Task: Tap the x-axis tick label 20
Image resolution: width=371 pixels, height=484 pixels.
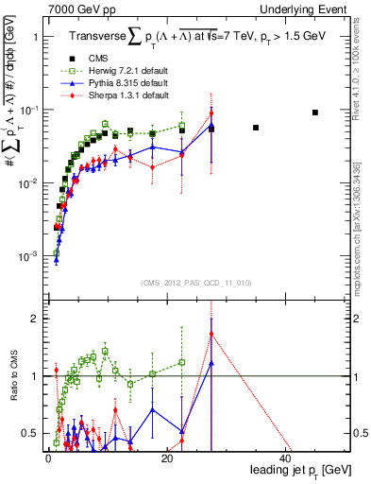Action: (x=166, y=458)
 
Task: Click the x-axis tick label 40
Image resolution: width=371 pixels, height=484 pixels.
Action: (x=284, y=458)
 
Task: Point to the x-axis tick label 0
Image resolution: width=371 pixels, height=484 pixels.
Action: (x=48, y=458)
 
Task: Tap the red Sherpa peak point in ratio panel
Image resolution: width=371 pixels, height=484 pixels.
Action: (x=211, y=333)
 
